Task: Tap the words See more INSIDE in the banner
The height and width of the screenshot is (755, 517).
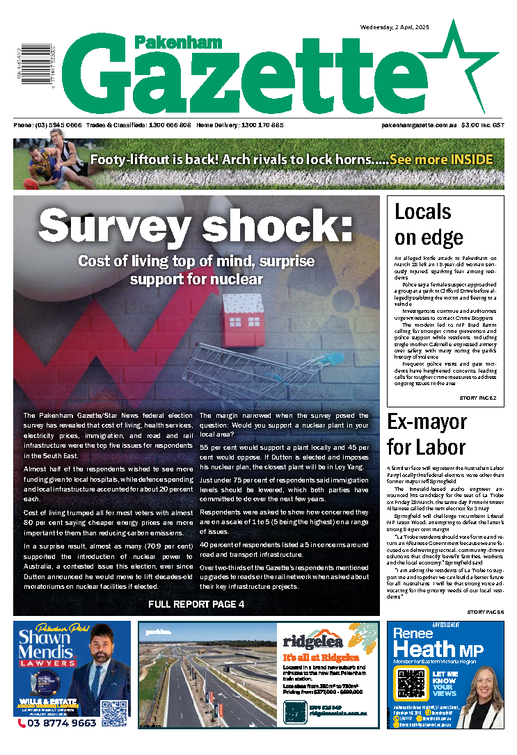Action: tap(441, 159)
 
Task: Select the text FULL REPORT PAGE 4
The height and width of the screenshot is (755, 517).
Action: tap(196, 604)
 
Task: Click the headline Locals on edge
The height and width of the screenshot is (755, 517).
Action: tap(429, 224)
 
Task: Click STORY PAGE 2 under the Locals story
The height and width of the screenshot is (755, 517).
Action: tap(477, 398)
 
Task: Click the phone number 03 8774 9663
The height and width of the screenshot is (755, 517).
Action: tap(58, 723)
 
